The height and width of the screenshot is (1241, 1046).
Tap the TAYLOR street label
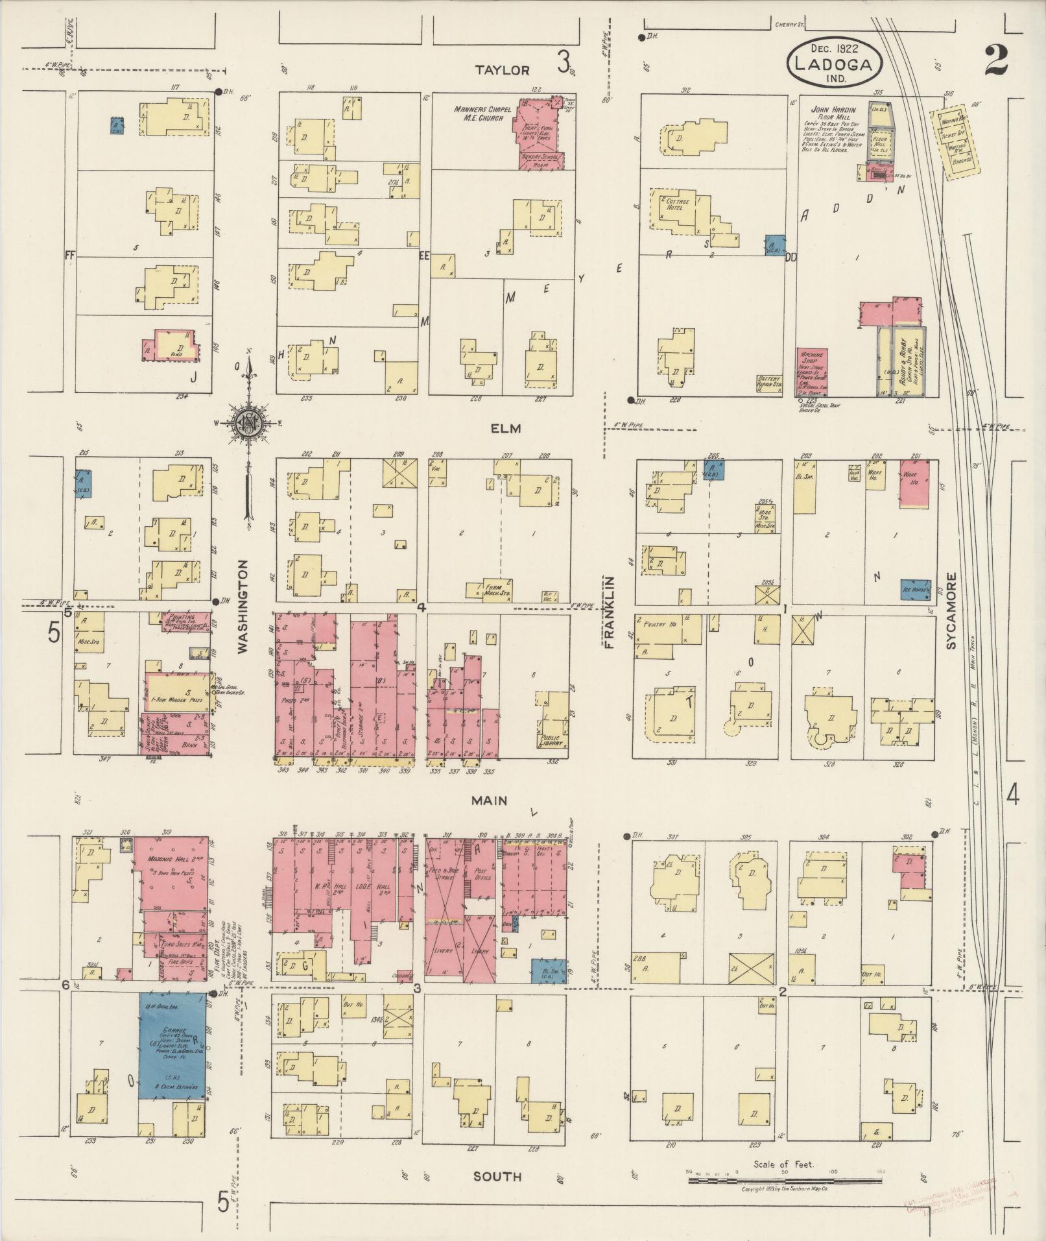point(502,70)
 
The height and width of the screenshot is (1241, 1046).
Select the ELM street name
point(506,429)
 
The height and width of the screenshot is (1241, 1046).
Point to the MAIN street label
point(490,801)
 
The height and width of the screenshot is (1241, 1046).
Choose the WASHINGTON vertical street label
point(243,607)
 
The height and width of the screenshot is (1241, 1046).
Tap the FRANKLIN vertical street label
point(610,612)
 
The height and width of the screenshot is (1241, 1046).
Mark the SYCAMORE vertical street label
point(951,610)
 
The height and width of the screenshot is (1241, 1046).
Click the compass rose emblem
point(248,422)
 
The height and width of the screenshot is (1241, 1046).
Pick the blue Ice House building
point(914,589)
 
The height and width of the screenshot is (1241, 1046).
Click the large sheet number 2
point(994,62)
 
